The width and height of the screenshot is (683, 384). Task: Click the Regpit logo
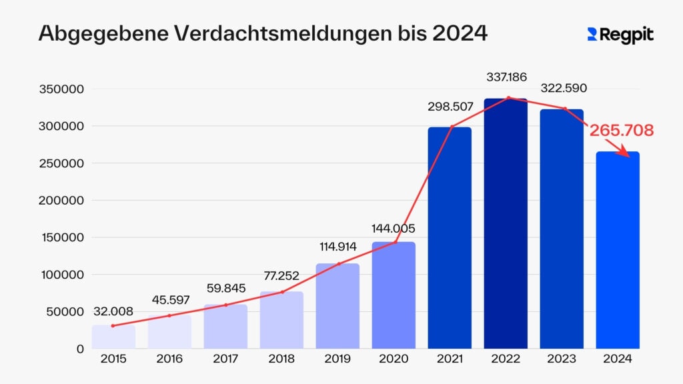pos(620,35)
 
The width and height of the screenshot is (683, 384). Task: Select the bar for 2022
pos(506,223)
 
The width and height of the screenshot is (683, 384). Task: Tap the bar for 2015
pos(113,337)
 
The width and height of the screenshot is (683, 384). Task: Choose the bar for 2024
pos(618,250)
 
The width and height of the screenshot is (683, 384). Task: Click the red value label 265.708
pos(621,131)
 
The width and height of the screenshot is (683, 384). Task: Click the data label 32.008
pos(113,310)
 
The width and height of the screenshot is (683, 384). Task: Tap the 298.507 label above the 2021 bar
pos(450,107)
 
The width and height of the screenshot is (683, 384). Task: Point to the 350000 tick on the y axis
pos(61,89)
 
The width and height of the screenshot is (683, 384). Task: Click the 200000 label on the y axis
pos(61,201)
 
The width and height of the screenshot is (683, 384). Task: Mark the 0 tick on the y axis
pos(79,349)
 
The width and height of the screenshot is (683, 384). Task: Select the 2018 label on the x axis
pos(281,359)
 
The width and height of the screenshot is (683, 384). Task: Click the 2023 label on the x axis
pos(562,359)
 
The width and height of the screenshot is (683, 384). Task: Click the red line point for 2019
pos(338,264)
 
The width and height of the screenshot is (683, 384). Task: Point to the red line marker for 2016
pos(169,315)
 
